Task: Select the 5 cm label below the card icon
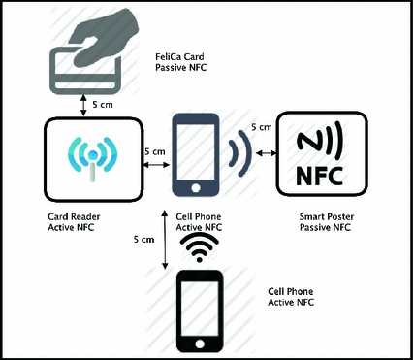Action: pyautogui.click(x=101, y=102)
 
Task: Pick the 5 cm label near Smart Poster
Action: pyautogui.click(x=260, y=127)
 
